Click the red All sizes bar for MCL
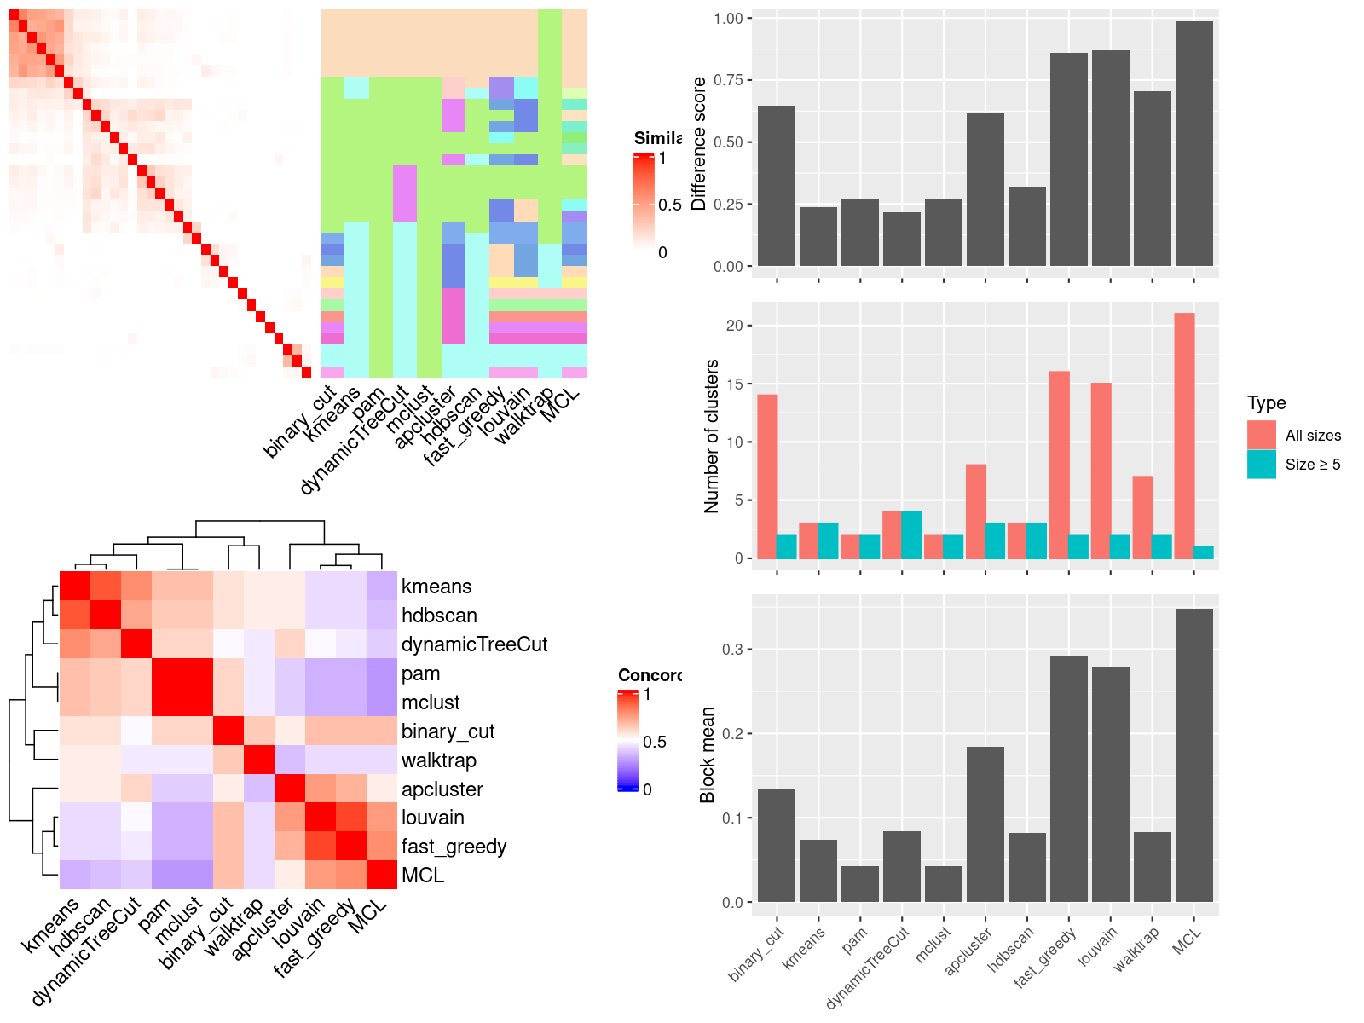point(1184,436)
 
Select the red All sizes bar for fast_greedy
point(1060,465)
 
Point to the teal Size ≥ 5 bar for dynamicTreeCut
point(911,535)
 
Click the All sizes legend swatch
point(1262,435)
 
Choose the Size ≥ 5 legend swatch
point(1262,464)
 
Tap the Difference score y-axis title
point(700,143)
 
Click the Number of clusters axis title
point(712,436)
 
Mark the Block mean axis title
point(708,754)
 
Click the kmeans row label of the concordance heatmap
point(436,587)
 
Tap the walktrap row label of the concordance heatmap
point(439,760)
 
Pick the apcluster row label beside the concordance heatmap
point(442,789)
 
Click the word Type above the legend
point(1266,403)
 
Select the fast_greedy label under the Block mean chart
point(1046,957)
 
